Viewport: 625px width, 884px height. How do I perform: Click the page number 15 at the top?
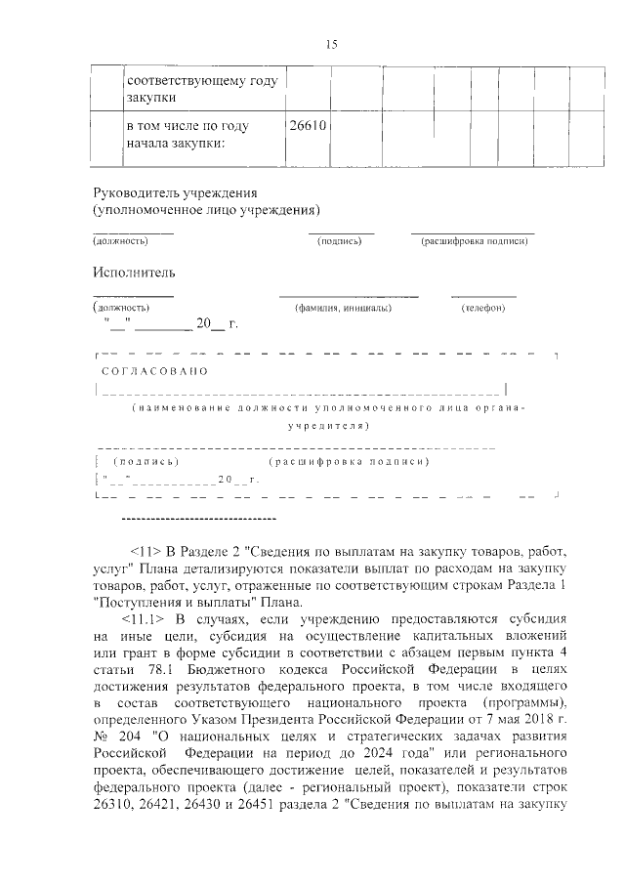331,44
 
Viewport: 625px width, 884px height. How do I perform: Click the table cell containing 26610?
307,126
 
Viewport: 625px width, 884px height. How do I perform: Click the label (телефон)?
482,309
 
